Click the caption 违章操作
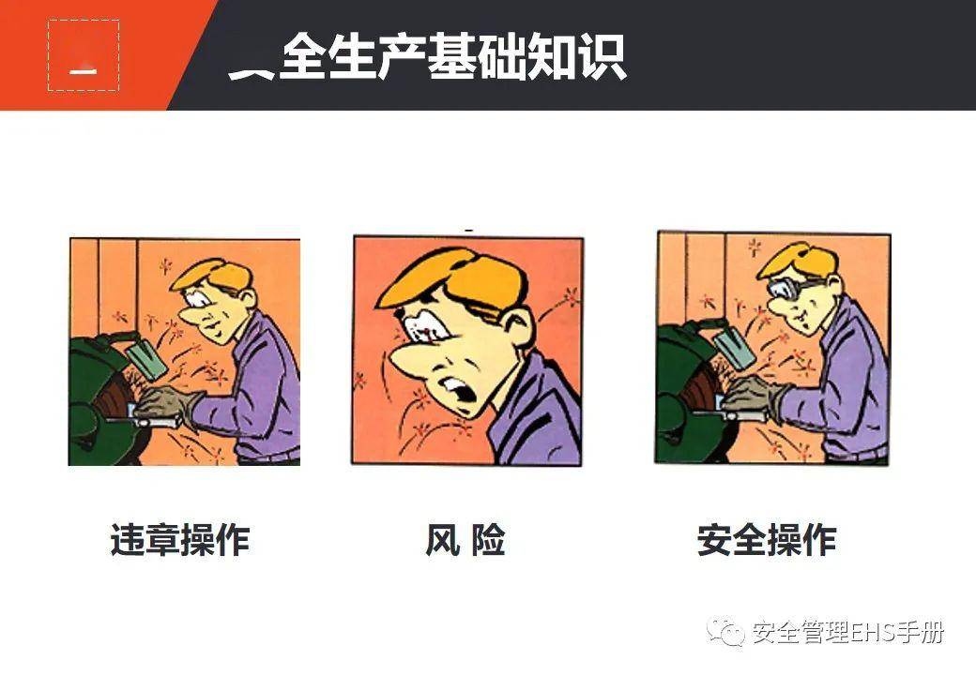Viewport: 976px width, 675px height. [x=180, y=540]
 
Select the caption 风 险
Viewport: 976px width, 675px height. [x=465, y=540]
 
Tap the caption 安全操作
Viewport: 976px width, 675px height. [x=766, y=540]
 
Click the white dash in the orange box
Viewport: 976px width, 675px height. [x=84, y=70]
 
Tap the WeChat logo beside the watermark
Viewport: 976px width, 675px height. [x=726, y=633]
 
